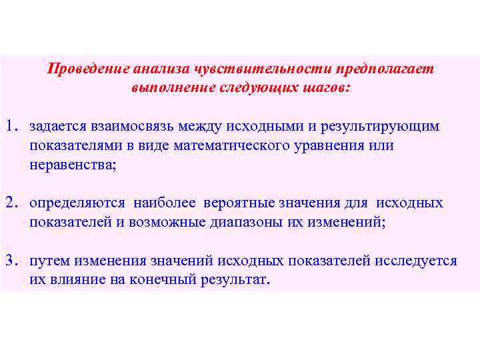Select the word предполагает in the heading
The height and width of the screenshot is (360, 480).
click(x=385, y=70)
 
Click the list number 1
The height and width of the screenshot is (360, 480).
click(x=10, y=127)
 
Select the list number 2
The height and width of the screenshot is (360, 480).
click(x=10, y=203)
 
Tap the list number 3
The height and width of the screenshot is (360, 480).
click(x=10, y=261)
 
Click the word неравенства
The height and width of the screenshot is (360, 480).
click(x=71, y=165)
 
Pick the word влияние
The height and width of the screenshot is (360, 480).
click(x=77, y=280)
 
